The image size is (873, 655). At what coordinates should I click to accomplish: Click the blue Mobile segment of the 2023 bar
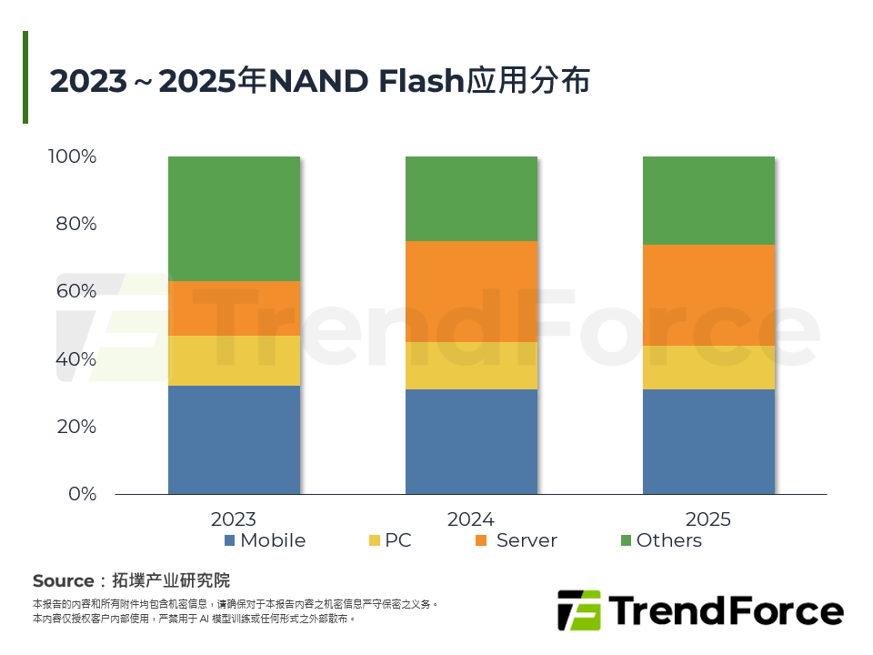234,439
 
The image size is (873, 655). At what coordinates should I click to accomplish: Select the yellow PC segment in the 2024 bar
471,365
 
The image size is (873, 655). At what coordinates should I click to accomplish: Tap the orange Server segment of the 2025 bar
708,295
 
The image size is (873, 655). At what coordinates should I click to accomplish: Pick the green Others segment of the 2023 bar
234,218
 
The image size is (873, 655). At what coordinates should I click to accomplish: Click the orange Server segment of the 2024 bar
471,291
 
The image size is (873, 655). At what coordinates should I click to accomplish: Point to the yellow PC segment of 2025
708,368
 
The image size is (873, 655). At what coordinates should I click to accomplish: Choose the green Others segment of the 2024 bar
471,198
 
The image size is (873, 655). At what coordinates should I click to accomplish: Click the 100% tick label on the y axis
72,156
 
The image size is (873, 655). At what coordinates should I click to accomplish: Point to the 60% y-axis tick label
76,291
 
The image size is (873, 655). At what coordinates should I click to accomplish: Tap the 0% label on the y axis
82,494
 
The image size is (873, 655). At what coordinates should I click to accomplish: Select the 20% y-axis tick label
76,427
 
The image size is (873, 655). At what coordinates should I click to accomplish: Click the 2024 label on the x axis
471,519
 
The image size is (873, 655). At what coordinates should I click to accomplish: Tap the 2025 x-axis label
708,519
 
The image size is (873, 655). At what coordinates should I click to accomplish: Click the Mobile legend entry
272,540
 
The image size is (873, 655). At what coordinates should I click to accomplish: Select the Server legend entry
527,540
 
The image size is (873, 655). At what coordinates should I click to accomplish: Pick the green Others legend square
626,540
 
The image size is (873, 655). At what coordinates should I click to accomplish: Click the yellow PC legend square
375,540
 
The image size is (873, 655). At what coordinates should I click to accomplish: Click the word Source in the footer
63,581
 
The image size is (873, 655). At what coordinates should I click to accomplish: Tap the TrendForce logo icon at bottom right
578,610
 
